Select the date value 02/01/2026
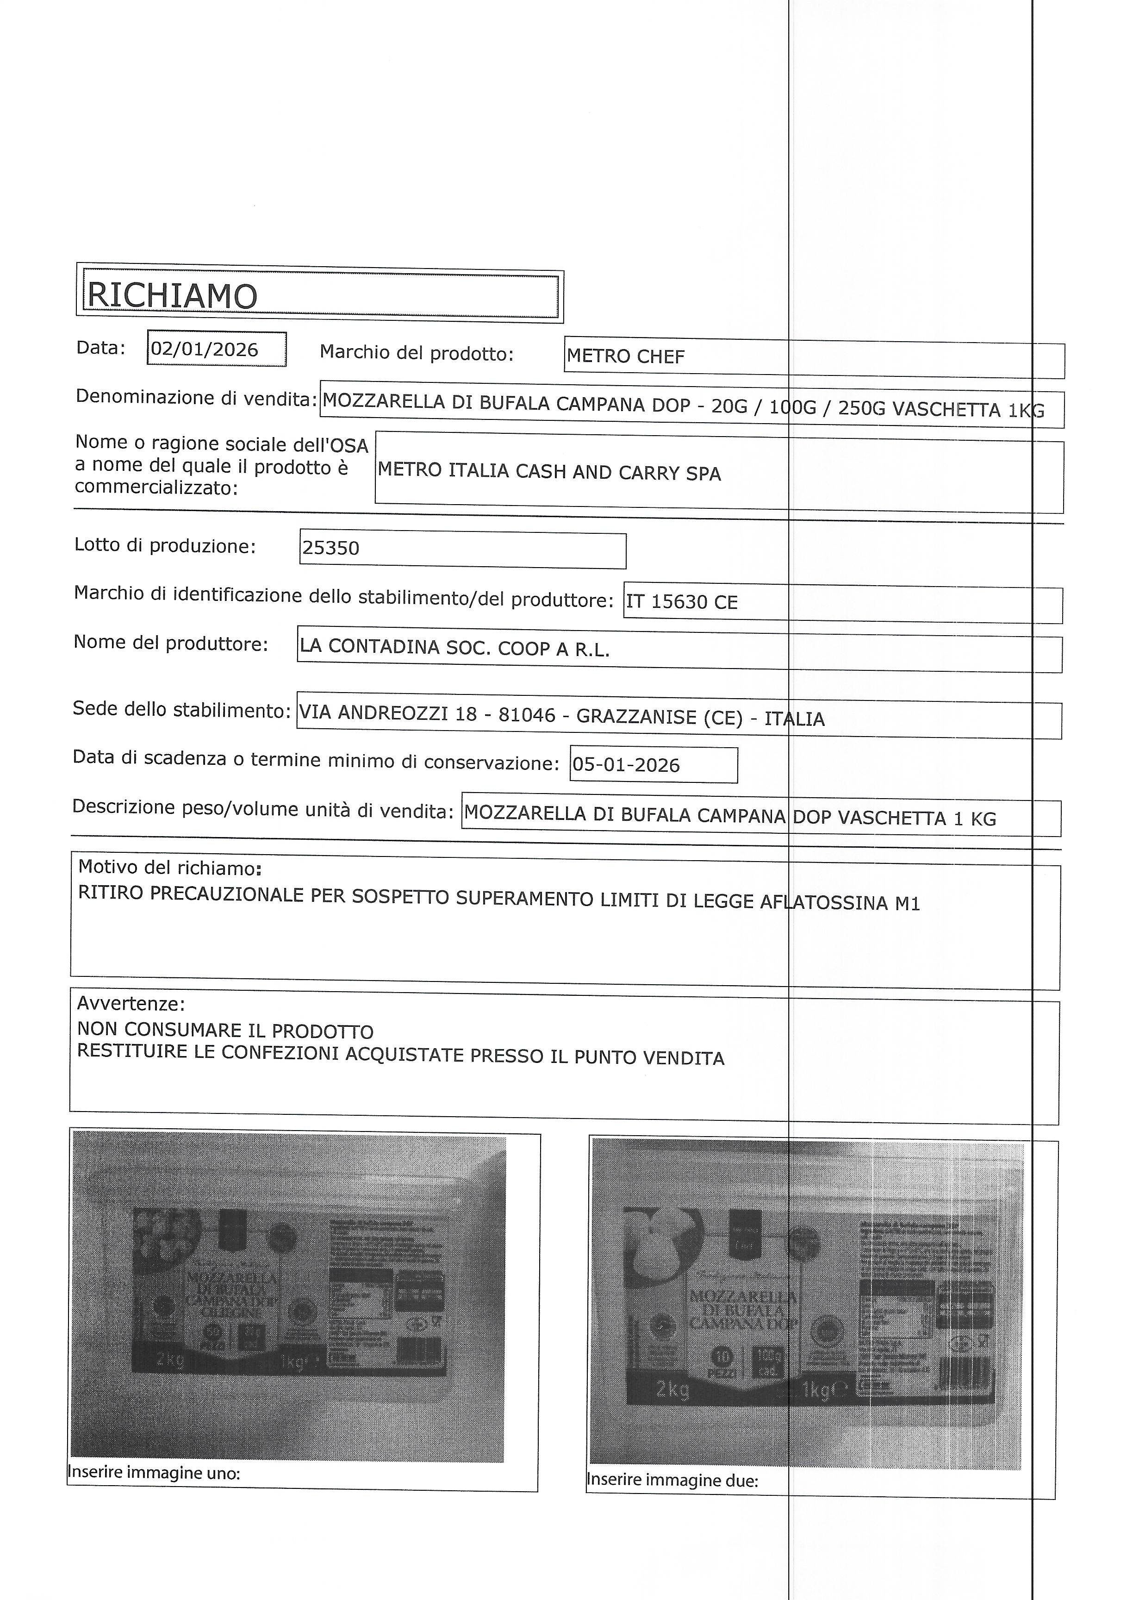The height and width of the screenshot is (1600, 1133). click(x=205, y=350)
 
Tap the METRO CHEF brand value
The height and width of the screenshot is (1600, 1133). click(x=625, y=357)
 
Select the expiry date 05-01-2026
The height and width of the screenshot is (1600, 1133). click(x=625, y=765)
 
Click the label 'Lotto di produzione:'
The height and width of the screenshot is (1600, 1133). click(x=165, y=546)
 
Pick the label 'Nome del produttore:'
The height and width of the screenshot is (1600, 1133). click(x=171, y=644)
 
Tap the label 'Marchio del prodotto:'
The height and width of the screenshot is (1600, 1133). click(x=417, y=354)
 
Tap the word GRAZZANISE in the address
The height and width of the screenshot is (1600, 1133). click(x=636, y=717)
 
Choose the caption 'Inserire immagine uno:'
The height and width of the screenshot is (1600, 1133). click(x=154, y=1473)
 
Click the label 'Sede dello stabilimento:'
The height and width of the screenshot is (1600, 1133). click(x=181, y=710)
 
